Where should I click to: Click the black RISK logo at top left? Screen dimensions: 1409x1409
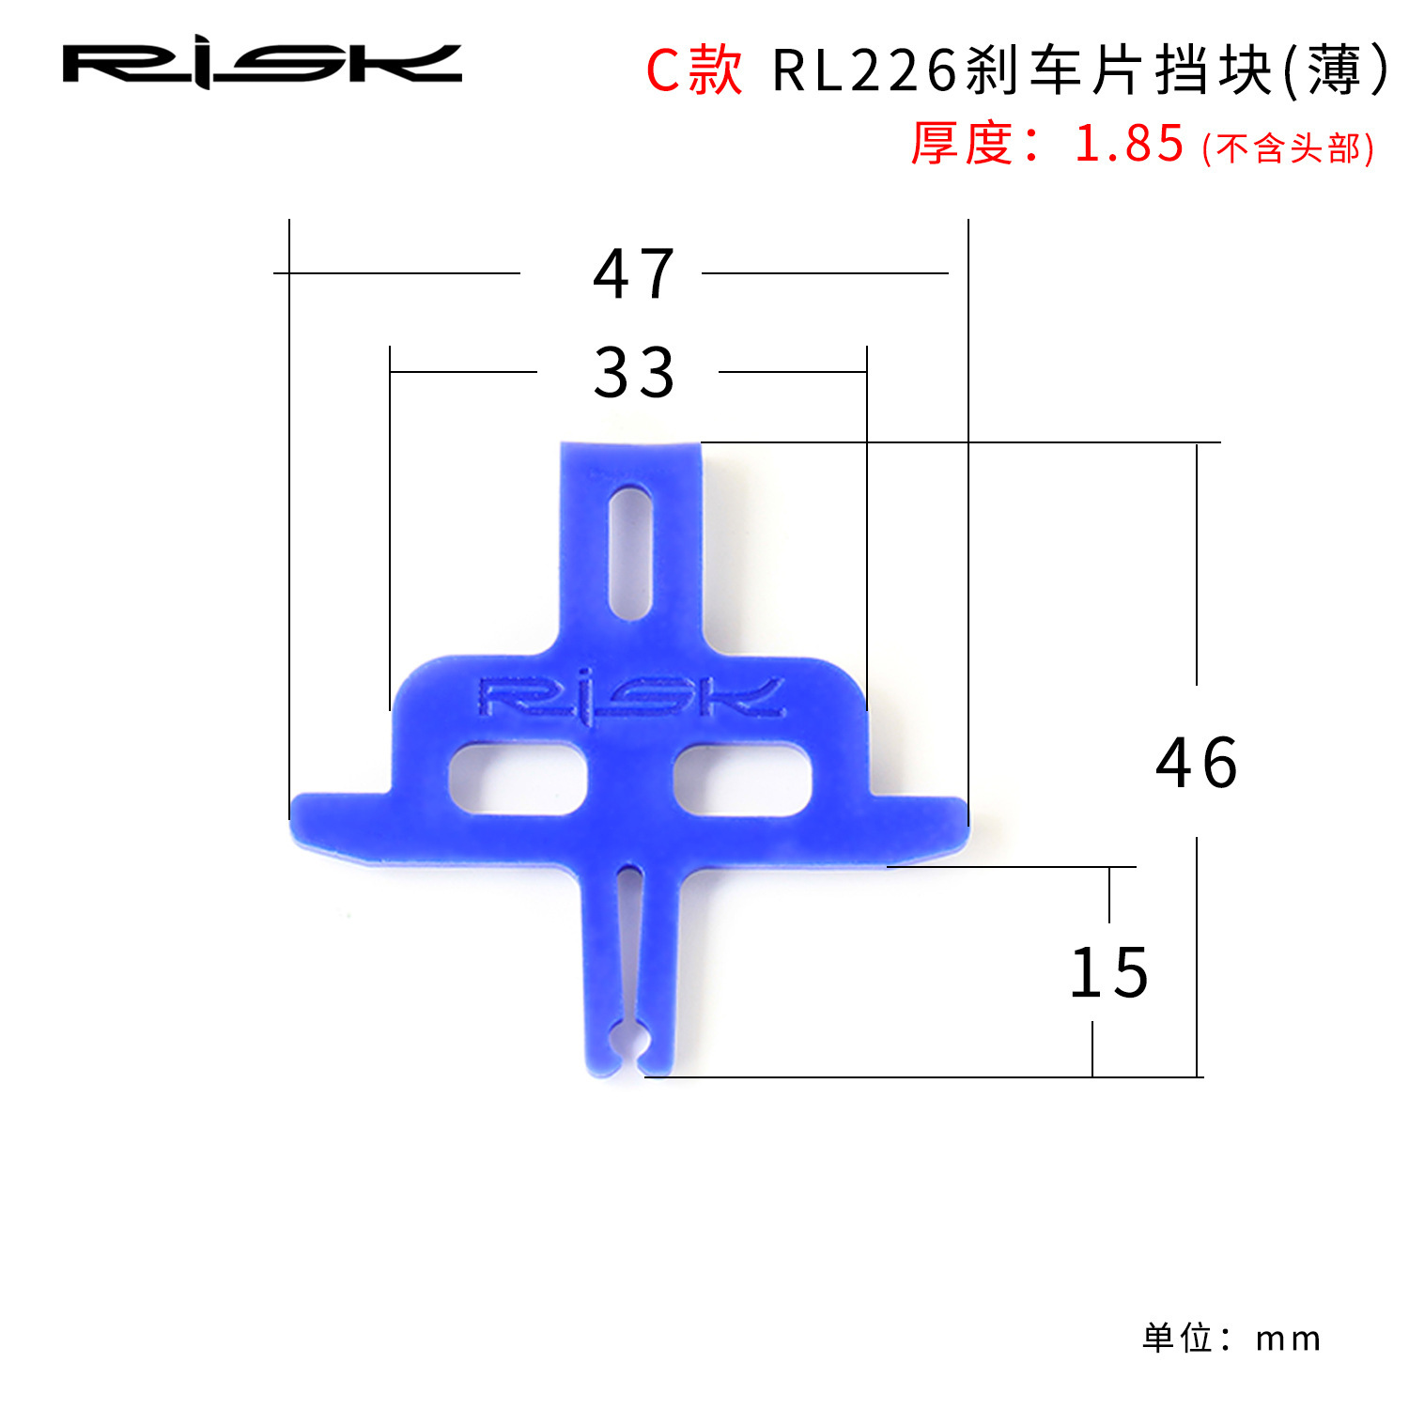262,64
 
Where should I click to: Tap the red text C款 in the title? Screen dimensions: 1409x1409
693,70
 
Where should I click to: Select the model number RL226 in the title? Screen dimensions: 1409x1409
864,70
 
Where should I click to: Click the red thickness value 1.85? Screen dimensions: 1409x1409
1129,145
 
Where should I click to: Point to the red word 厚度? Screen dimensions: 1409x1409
961,145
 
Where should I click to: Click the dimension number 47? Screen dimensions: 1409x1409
634,274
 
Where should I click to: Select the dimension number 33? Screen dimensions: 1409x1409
634,372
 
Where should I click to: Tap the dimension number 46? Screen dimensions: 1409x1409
1197,763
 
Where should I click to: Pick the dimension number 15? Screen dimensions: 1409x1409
1109,973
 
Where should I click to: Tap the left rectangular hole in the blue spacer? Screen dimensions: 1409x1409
518,778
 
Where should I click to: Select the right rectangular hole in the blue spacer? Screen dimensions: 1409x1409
742,778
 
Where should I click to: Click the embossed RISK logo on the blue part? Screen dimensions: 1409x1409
631,699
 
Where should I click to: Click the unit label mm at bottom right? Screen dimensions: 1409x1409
1288,1339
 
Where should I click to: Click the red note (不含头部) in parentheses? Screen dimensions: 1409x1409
1288,148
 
